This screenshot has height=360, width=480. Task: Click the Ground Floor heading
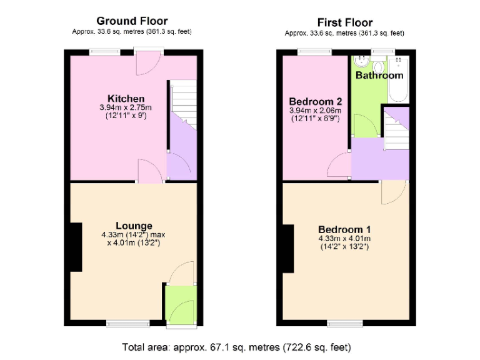[132, 22]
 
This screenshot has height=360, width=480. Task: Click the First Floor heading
[344, 23]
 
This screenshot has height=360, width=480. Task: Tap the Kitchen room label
[126, 99]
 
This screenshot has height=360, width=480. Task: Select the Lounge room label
[134, 226]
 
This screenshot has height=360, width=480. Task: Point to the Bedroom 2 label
[315, 101]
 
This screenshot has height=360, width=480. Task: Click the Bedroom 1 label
[344, 229]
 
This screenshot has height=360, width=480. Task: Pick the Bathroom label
[379, 76]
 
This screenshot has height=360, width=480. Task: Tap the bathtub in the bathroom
[397, 79]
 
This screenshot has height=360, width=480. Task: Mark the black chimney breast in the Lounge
[75, 247]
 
